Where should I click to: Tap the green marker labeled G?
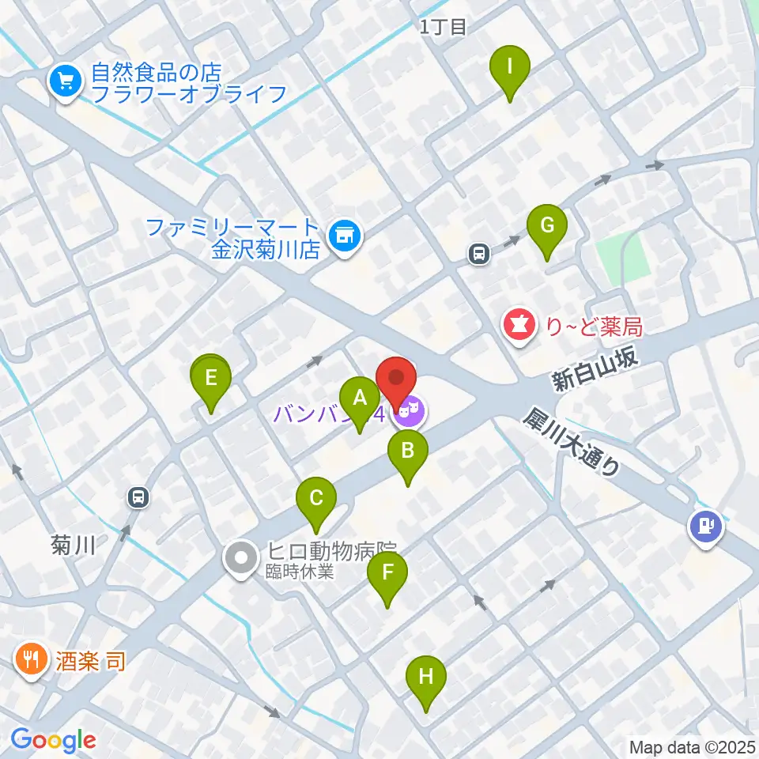547,226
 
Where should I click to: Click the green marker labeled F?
387,573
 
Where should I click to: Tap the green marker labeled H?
426,678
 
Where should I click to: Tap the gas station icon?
705,524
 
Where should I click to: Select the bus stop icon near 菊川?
138,497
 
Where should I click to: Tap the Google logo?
53,740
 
